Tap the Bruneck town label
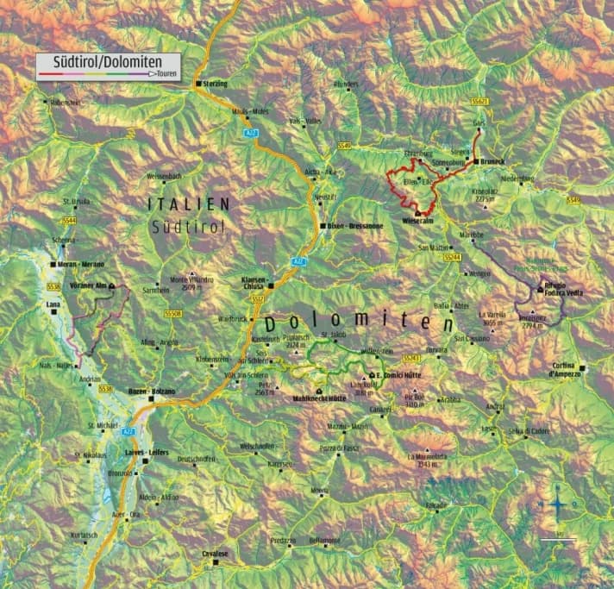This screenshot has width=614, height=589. point(491,160)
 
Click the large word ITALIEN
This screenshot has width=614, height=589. point(189,204)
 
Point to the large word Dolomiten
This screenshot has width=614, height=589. point(360,324)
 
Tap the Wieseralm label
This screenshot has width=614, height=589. point(417,221)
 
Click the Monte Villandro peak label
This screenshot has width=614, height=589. point(191,282)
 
